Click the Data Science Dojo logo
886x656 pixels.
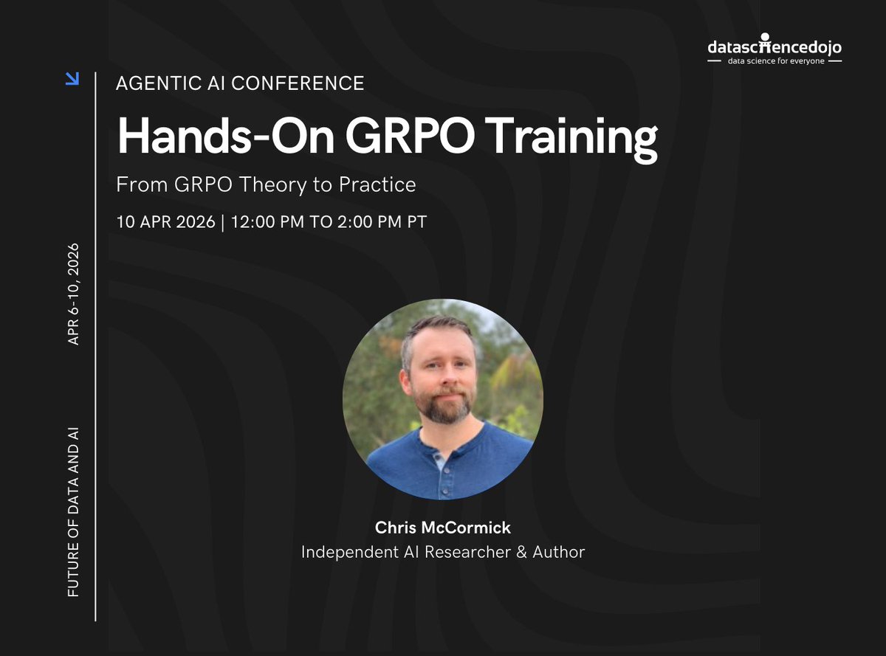(774, 48)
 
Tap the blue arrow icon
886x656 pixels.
(72, 78)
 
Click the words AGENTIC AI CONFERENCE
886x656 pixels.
(240, 83)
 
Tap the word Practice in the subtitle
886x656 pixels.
(377, 184)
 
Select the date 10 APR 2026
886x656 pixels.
(165, 221)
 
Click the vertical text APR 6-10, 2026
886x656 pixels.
(73, 294)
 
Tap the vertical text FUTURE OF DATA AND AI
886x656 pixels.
(73, 511)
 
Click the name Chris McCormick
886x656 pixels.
(443, 528)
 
